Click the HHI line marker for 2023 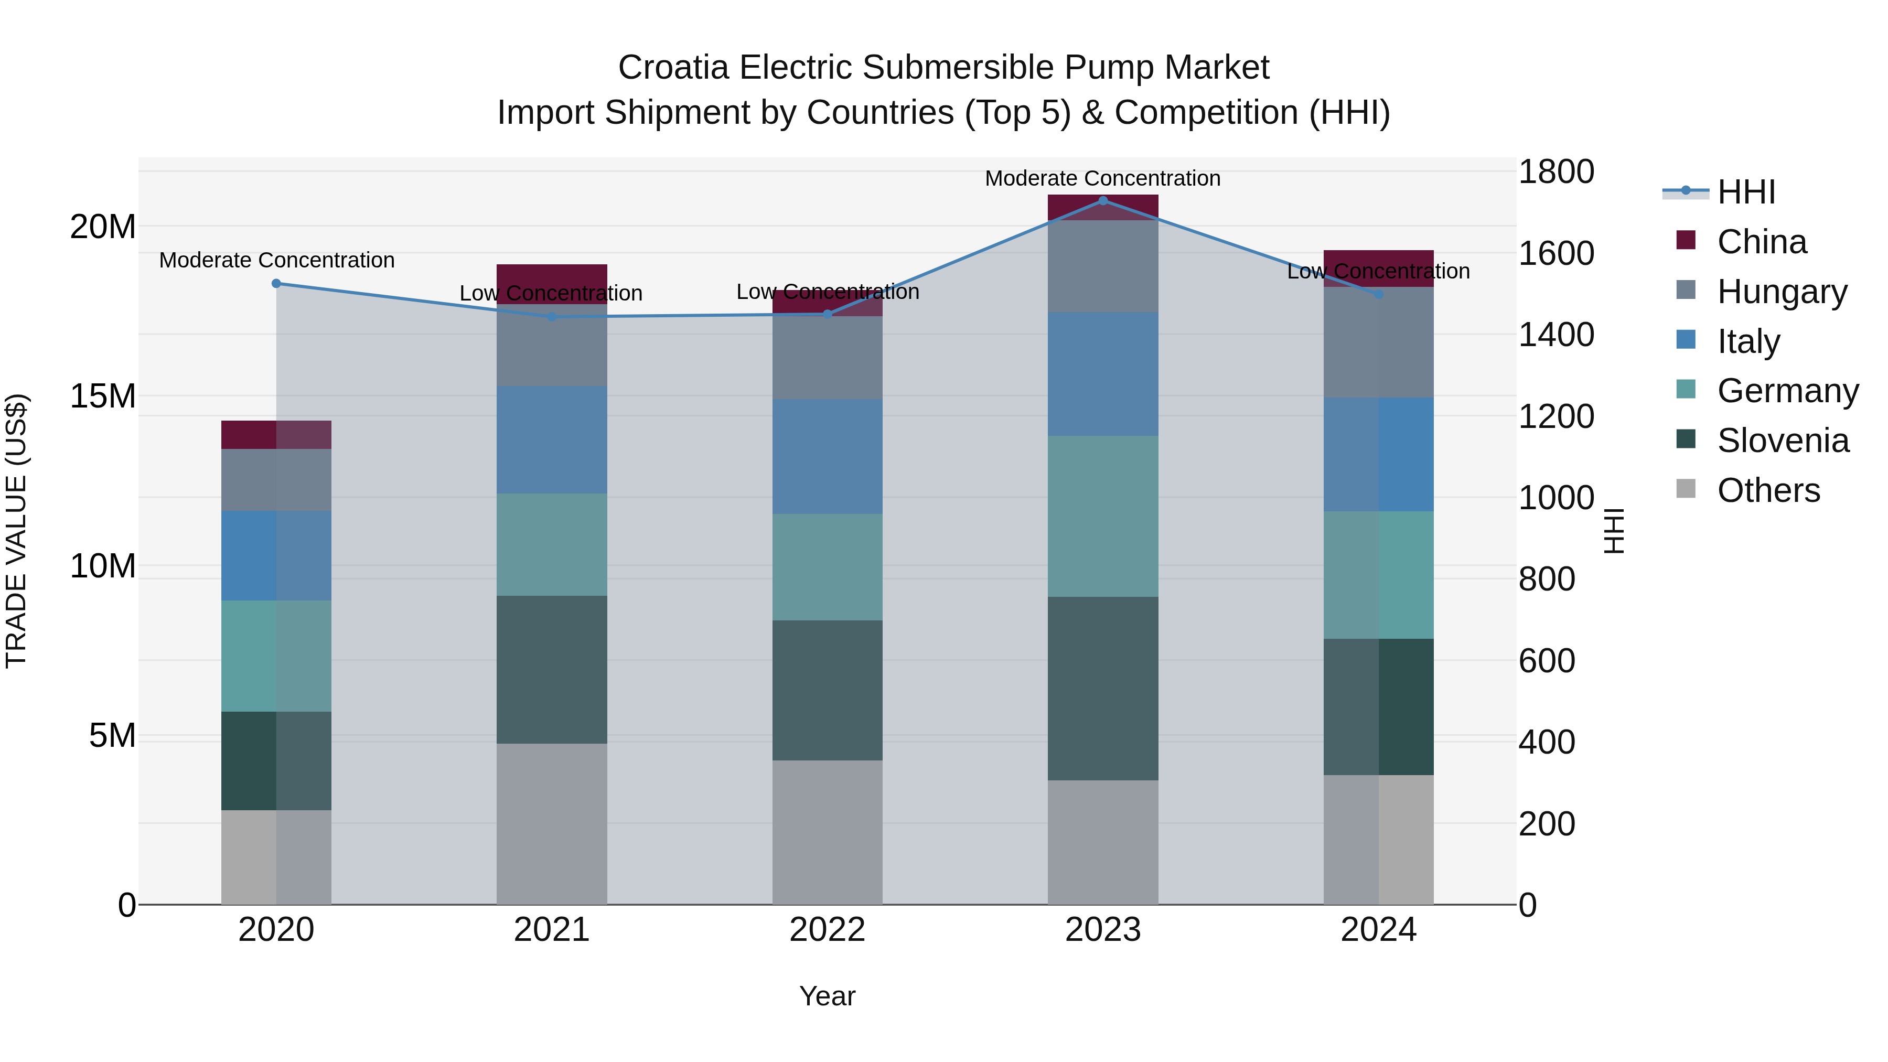click(1102, 200)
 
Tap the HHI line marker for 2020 click(276, 284)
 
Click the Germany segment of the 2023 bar click(1102, 516)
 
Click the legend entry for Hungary click(1782, 292)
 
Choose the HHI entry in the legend click(1745, 192)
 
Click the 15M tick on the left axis click(103, 396)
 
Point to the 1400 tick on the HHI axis click(1556, 335)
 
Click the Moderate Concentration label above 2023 click(1102, 178)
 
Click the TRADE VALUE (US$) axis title click(16, 531)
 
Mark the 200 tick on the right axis click(1547, 824)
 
